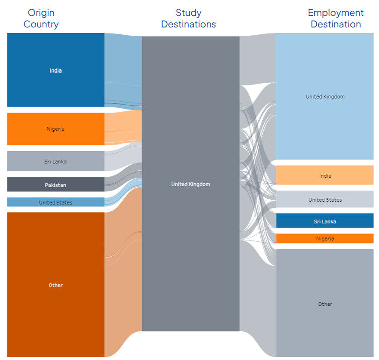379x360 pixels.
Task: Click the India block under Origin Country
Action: (x=55, y=70)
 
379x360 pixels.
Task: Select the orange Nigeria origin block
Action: (x=55, y=129)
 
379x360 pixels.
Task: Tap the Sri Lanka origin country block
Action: (x=55, y=161)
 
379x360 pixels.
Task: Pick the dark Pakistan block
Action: (x=55, y=184)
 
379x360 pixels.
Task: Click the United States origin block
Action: (x=55, y=202)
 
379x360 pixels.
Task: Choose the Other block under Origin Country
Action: (x=55, y=285)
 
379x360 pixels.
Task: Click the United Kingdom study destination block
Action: (x=191, y=184)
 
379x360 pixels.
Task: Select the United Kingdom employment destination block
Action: (x=325, y=96)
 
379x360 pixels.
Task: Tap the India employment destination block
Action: (x=325, y=175)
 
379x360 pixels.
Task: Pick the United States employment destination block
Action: (x=325, y=199)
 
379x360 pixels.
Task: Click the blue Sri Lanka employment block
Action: (x=325, y=221)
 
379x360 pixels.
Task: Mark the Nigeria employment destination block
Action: (x=325, y=238)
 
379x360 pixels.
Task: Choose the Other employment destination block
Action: (x=325, y=303)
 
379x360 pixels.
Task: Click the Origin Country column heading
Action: (x=41, y=18)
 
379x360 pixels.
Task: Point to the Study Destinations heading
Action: (x=189, y=18)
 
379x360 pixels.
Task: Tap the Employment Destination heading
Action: (x=336, y=18)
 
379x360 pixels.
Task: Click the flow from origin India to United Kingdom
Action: (x=123, y=71)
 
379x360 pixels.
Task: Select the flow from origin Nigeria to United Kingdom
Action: (x=123, y=127)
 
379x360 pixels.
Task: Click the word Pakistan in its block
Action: (x=55, y=185)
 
